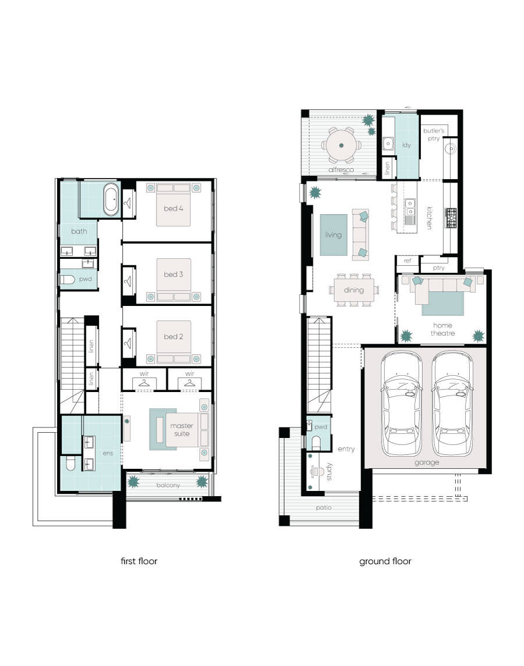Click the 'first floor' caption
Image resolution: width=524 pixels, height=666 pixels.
coord(138,561)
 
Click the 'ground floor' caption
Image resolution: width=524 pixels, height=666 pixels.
coord(385,561)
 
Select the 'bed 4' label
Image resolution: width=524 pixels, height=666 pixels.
coord(174,206)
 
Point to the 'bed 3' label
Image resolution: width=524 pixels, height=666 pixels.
coord(174,274)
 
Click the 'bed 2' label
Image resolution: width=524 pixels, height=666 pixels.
coord(174,336)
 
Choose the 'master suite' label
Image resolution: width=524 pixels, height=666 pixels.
coord(182,429)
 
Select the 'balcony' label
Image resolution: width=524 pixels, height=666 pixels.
coord(168,485)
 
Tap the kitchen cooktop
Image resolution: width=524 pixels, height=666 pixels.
coord(451,218)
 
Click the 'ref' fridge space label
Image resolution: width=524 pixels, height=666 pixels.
coord(408,261)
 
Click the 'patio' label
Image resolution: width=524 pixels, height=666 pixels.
coord(324,507)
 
